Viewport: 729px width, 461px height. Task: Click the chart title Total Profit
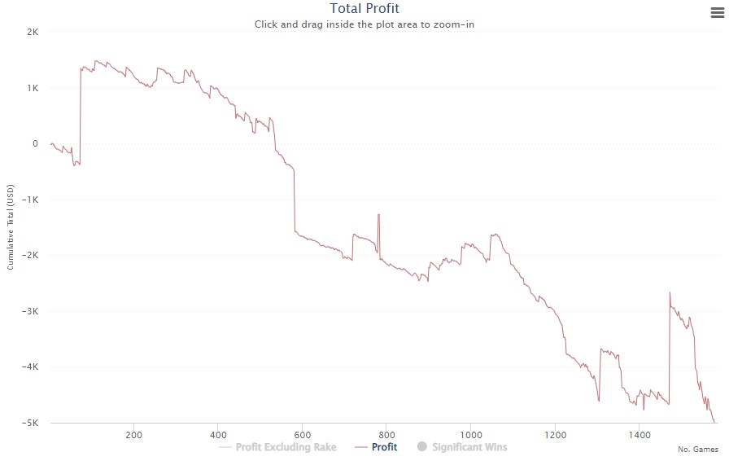pos(364,9)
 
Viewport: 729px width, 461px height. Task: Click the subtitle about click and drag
pos(364,24)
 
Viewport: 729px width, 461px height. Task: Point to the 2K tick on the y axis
pos(33,32)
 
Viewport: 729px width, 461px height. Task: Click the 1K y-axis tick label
pos(33,88)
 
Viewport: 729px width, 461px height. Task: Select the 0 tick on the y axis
pos(36,143)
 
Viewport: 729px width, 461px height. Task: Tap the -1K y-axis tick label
pos(32,200)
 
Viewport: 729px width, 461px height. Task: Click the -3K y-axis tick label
pos(32,311)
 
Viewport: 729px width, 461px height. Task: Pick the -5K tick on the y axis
pos(32,423)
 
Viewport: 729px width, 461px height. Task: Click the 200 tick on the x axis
pos(133,433)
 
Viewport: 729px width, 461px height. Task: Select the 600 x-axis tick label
pos(302,433)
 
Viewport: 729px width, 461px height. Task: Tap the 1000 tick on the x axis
pos(470,433)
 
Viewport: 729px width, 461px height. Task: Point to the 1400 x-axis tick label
pos(639,433)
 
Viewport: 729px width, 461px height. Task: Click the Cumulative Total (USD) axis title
pos(11,227)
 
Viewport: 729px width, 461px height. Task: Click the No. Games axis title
pos(697,450)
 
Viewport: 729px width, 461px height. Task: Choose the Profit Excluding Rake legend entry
pos(286,447)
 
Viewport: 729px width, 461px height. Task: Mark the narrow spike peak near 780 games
pos(378,214)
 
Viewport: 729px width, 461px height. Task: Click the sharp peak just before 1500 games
pos(670,292)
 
